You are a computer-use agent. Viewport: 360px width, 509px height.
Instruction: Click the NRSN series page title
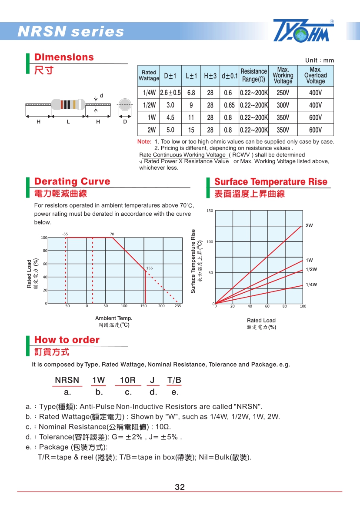pos(71,32)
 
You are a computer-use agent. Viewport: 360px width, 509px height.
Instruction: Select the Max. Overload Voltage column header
pos(315,76)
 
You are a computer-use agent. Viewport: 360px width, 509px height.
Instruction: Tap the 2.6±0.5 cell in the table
pos(170,93)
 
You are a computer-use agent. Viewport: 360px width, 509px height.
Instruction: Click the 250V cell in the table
pos(283,93)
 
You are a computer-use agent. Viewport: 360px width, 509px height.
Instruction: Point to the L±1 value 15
pos(191,130)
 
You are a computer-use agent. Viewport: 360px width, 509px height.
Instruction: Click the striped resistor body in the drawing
pos(68,104)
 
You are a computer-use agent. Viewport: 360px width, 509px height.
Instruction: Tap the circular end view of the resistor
pos(125,105)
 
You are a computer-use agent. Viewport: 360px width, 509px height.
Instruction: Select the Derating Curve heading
pos(72,181)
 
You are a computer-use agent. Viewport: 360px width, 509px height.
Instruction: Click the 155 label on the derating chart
pos(149,268)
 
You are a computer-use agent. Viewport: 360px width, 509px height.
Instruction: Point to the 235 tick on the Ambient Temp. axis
pos(177,306)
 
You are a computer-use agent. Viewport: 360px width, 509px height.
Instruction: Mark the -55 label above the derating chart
pos(65,234)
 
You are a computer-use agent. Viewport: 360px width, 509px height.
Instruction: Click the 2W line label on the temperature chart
pos(309,225)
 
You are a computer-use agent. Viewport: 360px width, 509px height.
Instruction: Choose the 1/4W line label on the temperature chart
pos(311,285)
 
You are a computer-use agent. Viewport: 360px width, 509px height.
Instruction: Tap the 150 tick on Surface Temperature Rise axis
pos(210,211)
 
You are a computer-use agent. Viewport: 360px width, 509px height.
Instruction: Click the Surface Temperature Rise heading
pos(271,181)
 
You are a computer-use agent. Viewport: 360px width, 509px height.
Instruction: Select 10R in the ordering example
pos(127,380)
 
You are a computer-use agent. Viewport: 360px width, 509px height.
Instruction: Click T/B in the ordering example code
pos(174,380)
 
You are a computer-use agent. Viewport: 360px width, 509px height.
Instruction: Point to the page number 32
pos(180,487)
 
